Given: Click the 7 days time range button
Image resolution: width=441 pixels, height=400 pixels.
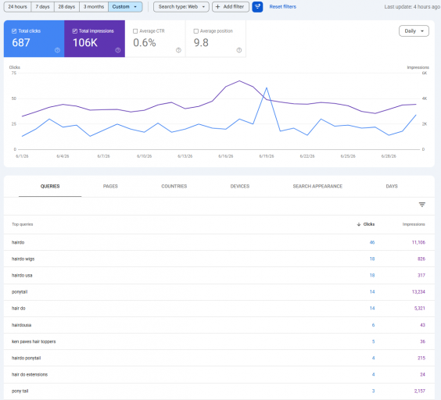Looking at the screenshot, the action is click(42, 7).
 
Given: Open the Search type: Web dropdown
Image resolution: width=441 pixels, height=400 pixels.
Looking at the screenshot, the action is click(181, 7).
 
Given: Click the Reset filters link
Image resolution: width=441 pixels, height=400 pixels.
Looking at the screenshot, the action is click(282, 7).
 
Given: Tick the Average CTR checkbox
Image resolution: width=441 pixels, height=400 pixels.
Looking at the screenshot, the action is click(135, 31).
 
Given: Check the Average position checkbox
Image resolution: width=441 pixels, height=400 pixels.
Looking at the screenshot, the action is click(196, 31).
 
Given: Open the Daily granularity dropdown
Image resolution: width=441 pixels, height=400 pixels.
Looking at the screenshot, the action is click(414, 31).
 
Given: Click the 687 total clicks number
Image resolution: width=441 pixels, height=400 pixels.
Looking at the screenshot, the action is click(21, 43).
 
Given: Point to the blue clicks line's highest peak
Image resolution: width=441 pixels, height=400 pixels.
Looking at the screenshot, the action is click(267, 87).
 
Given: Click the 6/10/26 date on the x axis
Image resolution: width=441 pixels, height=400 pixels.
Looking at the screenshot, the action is click(145, 156).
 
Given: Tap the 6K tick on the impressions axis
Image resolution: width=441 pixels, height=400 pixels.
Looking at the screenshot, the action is click(425, 73).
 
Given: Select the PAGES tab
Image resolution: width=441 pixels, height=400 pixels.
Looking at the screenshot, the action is click(110, 187).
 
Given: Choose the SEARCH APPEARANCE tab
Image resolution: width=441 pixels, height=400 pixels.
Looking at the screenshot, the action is click(317, 187).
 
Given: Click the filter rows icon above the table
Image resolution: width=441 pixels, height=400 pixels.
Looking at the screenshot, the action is click(422, 205).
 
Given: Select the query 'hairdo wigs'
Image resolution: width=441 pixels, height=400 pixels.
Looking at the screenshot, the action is click(23, 259).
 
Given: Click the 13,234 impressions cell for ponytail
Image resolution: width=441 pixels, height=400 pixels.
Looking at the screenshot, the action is click(418, 291).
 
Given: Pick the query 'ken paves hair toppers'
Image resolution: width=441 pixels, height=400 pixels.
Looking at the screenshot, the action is click(34, 341).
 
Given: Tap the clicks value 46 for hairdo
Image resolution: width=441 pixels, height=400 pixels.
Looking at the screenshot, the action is click(372, 242).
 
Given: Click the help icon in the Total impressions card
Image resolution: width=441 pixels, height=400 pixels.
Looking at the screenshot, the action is click(118, 50).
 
